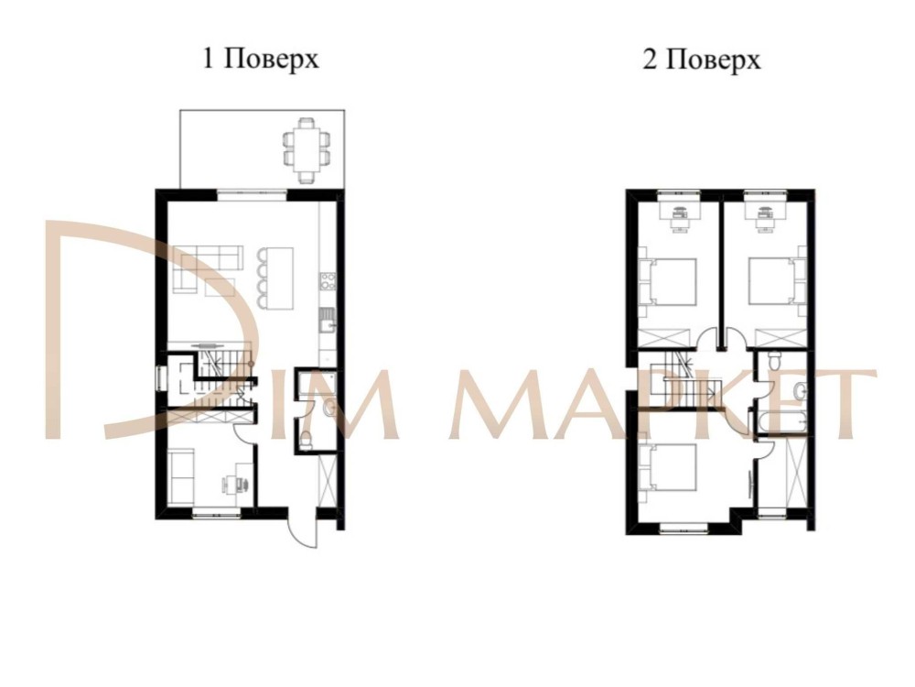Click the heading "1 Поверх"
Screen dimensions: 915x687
pyautogui.click(x=261, y=59)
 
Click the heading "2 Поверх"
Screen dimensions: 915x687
pyautogui.click(x=702, y=59)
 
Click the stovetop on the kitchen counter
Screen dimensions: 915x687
pyautogui.click(x=328, y=281)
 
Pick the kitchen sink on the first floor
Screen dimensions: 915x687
pyautogui.click(x=327, y=321)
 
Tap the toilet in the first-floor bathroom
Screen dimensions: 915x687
pyautogui.click(x=307, y=440)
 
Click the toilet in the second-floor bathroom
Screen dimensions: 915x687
pyautogui.click(x=774, y=360)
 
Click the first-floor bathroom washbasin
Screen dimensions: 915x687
pyautogui.click(x=328, y=409)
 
